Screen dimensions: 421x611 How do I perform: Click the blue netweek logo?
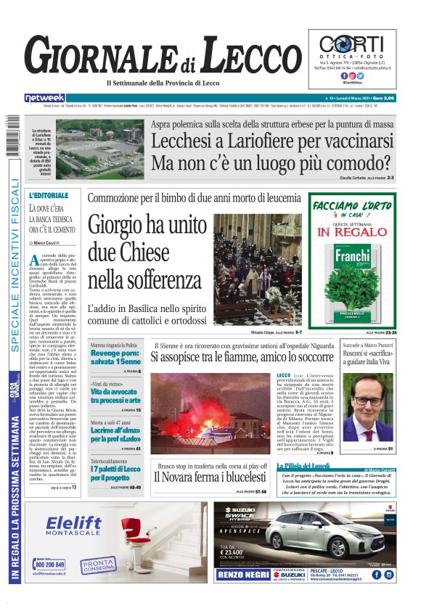click(x=45, y=97)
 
